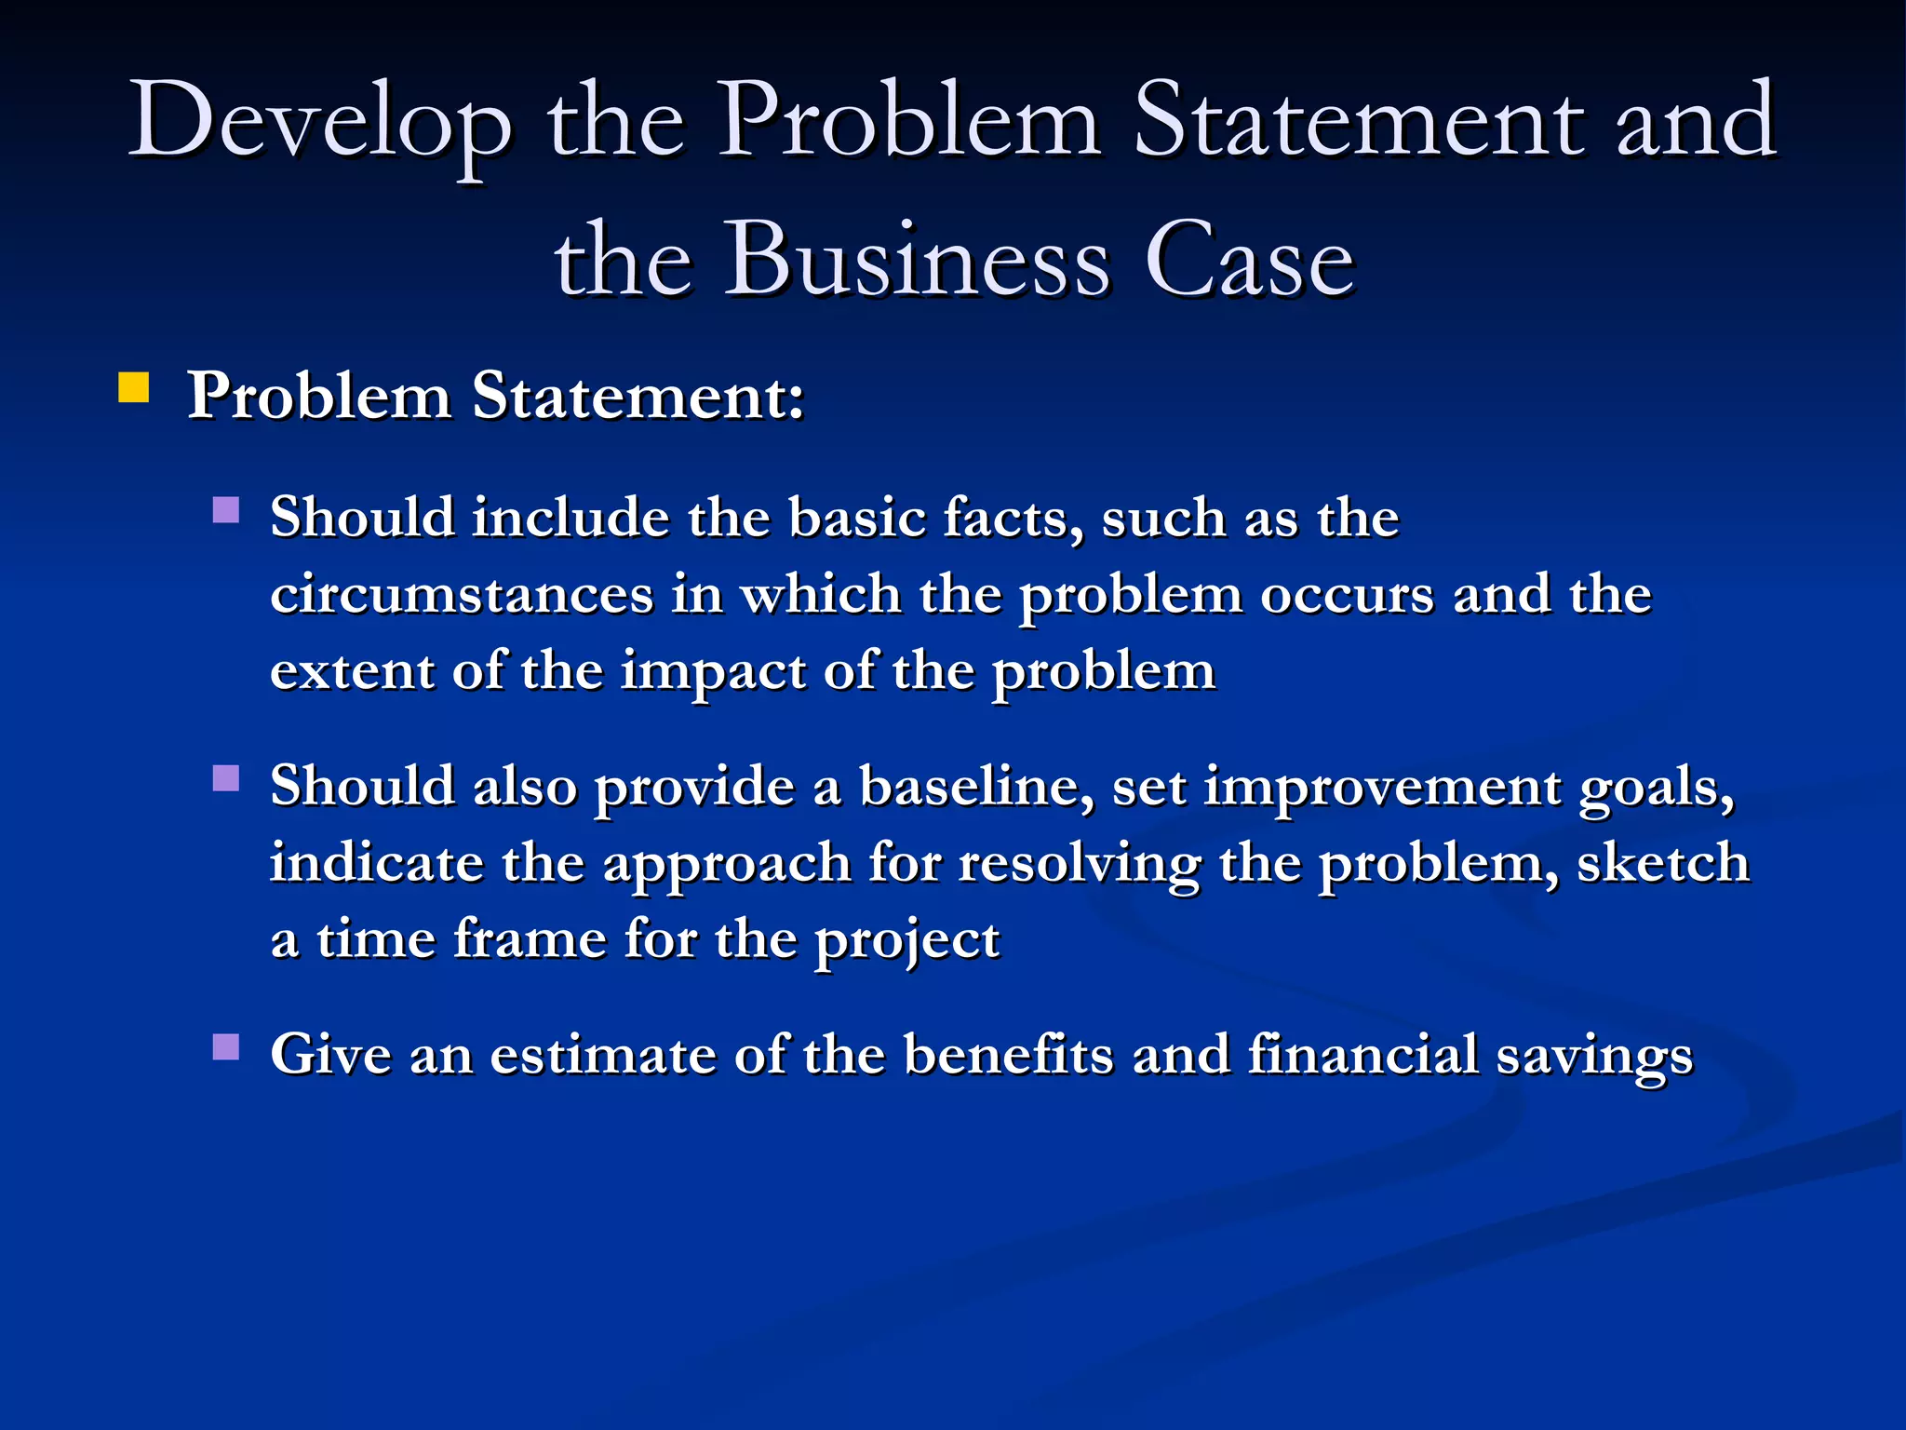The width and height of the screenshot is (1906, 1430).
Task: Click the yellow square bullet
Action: point(134,387)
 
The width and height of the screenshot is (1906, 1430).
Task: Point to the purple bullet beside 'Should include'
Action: point(226,510)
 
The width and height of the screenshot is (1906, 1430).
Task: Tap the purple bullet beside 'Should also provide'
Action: point(226,777)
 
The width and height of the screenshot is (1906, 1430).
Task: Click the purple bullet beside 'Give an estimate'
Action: point(226,1047)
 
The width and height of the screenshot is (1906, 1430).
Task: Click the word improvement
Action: point(1381,788)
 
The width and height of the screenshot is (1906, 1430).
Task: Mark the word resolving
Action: point(1080,864)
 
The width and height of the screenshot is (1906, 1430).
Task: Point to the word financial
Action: point(1362,1055)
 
